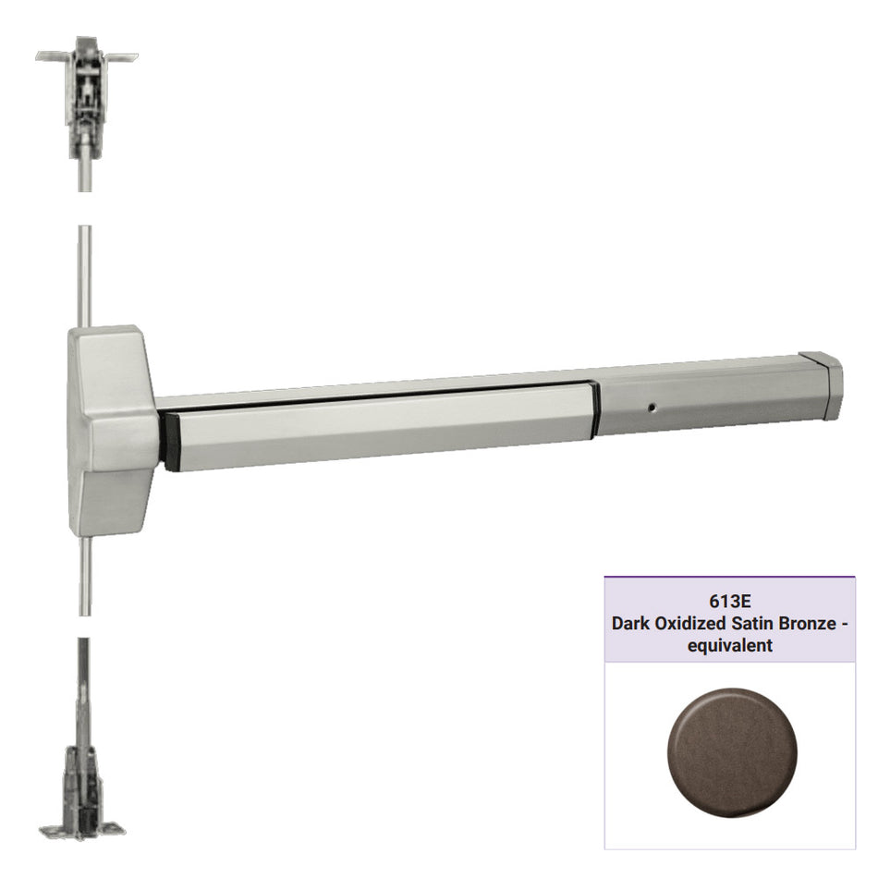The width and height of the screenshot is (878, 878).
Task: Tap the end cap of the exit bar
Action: [x=823, y=384]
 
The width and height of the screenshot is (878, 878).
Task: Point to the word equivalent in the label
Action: [x=729, y=646]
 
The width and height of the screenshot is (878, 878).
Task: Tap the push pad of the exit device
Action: [x=379, y=425]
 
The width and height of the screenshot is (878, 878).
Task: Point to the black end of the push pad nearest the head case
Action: [x=169, y=442]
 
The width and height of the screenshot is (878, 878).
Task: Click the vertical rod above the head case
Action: [x=85, y=277]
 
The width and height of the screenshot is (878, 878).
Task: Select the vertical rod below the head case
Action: [x=85, y=573]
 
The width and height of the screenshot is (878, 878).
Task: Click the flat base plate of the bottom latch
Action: [x=84, y=827]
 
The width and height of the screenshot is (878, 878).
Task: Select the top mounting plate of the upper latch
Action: [x=86, y=56]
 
